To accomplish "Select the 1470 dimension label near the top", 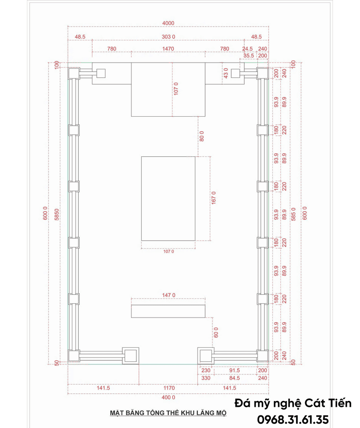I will [x=168, y=49].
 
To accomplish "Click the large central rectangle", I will [x=168, y=198].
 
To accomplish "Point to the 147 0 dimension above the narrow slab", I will [x=168, y=295].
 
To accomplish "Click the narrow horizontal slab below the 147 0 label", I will [x=168, y=311].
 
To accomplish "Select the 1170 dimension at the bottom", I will [x=169, y=388].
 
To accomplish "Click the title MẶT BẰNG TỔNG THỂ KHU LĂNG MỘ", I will [x=168, y=413].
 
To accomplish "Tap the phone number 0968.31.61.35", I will [x=293, y=420].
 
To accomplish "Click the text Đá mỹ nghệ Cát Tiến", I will [x=293, y=403].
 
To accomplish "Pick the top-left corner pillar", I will [x=73, y=73].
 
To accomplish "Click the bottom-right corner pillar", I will [x=262, y=356].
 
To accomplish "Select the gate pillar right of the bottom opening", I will [x=206, y=355].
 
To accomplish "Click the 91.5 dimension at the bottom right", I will [x=234, y=370].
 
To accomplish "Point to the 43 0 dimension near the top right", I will [x=225, y=73].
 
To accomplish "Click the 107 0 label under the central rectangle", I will [x=168, y=252].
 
